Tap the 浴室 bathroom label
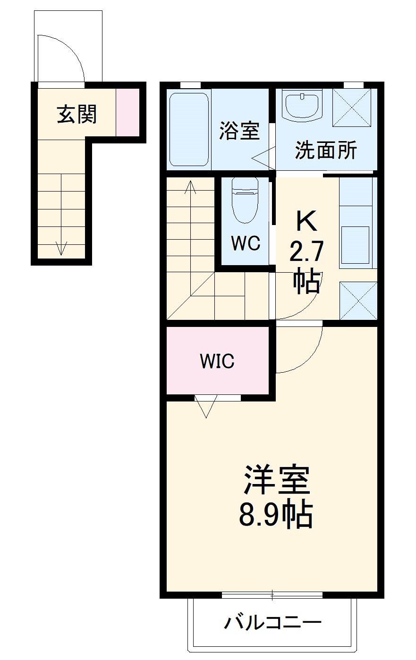[x=239, y=131]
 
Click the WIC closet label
[x=217, y=361]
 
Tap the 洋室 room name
[x=276, y=480]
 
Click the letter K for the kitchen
[x=306, y=221]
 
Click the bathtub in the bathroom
[x=189, y=129]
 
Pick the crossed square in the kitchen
[x=358, y=301]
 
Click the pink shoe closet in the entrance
[x=128, y=113]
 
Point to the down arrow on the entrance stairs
[x=61, y=248]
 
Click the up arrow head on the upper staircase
[x=191, y=185]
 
